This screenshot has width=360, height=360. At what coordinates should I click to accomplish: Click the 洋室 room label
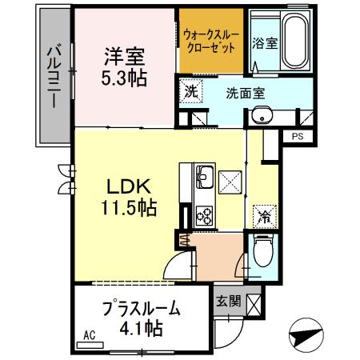point(124,58)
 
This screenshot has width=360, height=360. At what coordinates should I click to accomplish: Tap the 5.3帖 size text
point(124,80)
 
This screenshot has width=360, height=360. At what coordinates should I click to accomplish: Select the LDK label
point(123,186)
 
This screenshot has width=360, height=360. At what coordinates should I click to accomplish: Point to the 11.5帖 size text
point(123,207)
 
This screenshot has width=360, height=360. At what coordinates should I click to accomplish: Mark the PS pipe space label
point(297,137)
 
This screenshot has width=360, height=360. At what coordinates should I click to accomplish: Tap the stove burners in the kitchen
point(201,214)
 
